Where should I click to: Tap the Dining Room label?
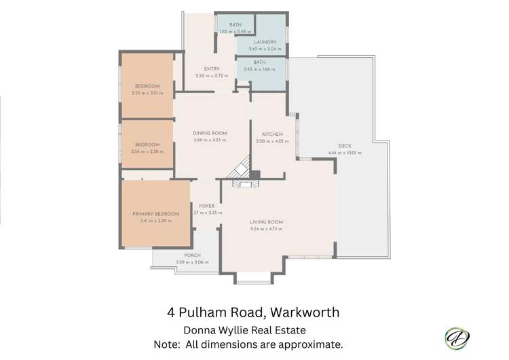pos(209,133)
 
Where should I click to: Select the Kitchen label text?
pos(268,134)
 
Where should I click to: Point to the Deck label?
pos(344,146)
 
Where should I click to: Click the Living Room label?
pos(266,222)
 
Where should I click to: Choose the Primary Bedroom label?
pos(155,214)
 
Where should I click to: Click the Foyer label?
pos(206,206)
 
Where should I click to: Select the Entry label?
pos(211,69)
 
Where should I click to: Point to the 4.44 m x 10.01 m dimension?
pos(344,153)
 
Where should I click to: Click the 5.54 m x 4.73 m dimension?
pos(266,229)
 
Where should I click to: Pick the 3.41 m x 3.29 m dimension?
pos(155,221)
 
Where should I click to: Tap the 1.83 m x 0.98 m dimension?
pos(235,31)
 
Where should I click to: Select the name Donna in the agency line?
pos(201,330)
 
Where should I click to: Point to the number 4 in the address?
pos(171,313)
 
